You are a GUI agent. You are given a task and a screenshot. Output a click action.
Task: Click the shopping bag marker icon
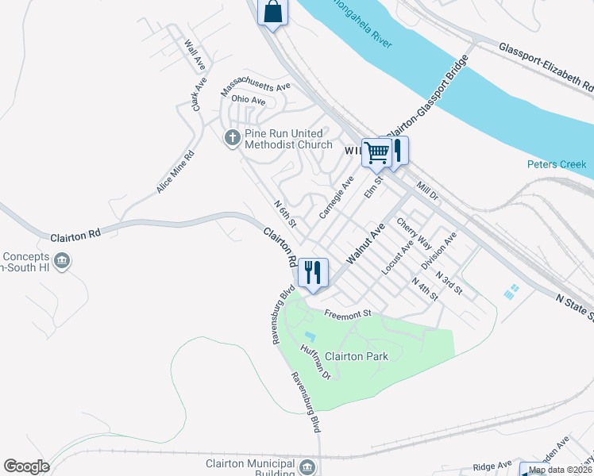272,13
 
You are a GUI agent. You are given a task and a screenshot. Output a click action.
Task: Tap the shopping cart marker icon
377,152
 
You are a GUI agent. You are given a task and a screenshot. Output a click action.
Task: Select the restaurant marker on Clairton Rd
313,273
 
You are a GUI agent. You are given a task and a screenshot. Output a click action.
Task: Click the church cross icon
233,139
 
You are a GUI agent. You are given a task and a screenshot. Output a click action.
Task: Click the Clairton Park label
361,356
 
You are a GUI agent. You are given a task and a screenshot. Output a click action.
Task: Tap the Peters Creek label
556,164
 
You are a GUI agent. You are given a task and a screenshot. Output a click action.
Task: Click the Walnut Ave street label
365,243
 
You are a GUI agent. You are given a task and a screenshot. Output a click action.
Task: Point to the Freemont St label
348,313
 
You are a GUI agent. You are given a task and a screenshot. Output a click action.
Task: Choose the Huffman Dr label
315,361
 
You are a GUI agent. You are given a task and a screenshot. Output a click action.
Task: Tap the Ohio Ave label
249,101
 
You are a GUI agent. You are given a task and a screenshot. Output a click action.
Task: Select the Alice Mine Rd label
175,172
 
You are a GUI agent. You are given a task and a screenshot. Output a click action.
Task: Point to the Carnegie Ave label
336,198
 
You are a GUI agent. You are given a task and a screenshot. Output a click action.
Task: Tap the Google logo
26,466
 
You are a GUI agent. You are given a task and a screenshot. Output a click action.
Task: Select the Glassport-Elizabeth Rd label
546,66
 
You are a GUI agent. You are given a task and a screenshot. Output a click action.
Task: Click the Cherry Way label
415,234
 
